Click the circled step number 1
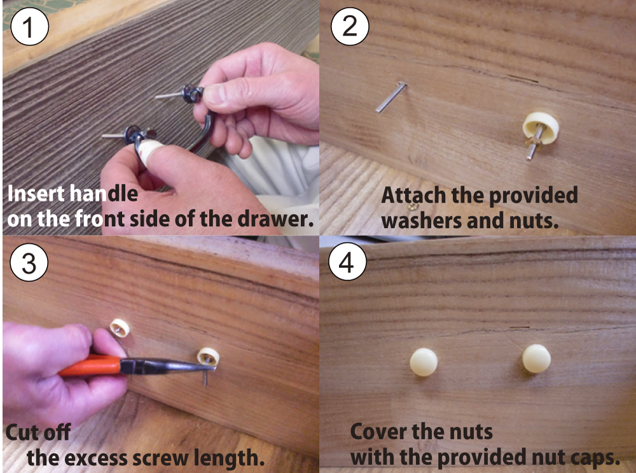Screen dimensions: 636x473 (29, 26)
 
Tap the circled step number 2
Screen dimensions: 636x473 (350, 26)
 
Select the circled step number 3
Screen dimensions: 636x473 (29, 262)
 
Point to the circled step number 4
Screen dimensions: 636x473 (347, 262)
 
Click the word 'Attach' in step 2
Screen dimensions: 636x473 (413, 195)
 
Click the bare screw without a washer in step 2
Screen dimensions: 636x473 (391, 97)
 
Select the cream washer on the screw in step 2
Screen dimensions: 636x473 (541, 127)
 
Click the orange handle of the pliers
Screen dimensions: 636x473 (90, 365)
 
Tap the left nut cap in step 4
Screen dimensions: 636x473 (424, 362)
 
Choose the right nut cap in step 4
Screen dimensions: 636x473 (536, 359)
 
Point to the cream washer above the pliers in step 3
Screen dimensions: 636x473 (120, 328)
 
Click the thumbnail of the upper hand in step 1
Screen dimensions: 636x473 (214, 95)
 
